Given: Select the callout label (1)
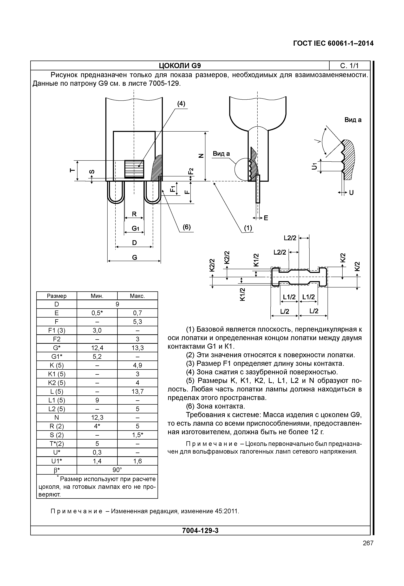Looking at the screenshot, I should click(x=248, y=228).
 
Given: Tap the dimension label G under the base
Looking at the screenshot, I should click(x=134, y=257).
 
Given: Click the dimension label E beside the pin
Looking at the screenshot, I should click(x=266, y=218).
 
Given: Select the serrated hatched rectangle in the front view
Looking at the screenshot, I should click(x=134, y=169).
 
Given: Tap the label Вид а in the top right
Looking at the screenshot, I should click(x=353, y=120).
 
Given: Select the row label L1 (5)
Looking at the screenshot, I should click(x=57, y=400).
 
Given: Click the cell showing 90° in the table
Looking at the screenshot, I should click(x=117, y=470).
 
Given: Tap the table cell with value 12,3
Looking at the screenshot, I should click(x=97, y=418).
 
